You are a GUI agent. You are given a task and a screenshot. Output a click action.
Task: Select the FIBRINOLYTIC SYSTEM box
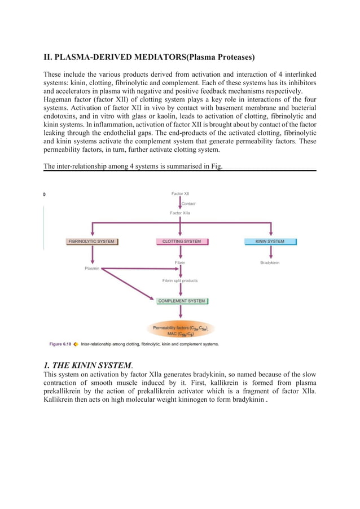pos(91,242)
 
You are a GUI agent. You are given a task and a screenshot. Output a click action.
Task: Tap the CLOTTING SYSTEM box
pos(181,242)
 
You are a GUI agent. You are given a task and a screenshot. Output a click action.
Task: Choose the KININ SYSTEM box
pos(270,242)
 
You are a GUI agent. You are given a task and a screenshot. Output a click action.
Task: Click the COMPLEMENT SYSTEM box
pos(182,301)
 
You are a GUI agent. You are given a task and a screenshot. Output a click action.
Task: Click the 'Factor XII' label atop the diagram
pos(181,194)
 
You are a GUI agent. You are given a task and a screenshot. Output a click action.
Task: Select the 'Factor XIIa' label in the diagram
pos(181,213)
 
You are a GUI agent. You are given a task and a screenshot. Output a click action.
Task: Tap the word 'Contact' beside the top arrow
pos(188,203)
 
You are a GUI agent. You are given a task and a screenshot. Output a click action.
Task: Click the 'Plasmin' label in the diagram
pos(92,269)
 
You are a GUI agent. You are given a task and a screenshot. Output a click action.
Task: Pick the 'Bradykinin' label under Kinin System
pos(270,262)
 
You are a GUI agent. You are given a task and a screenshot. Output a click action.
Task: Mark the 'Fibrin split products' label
pos(180,280)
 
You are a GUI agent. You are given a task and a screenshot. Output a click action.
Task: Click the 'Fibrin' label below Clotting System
pos(180,262)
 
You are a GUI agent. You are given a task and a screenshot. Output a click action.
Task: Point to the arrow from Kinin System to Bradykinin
pos(271,252)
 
